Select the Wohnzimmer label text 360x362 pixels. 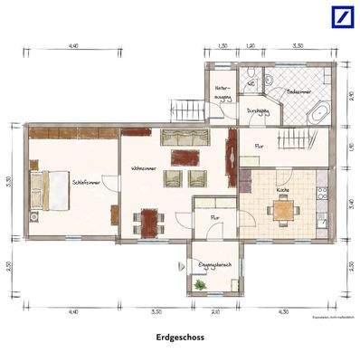coord(147,169)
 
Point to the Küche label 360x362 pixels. coord(283,190)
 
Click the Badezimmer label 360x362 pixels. coord(300,92)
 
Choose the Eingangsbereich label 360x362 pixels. coord(215,264)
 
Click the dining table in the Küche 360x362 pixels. coord(284,211)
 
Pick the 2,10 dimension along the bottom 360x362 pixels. coord(214,311)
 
